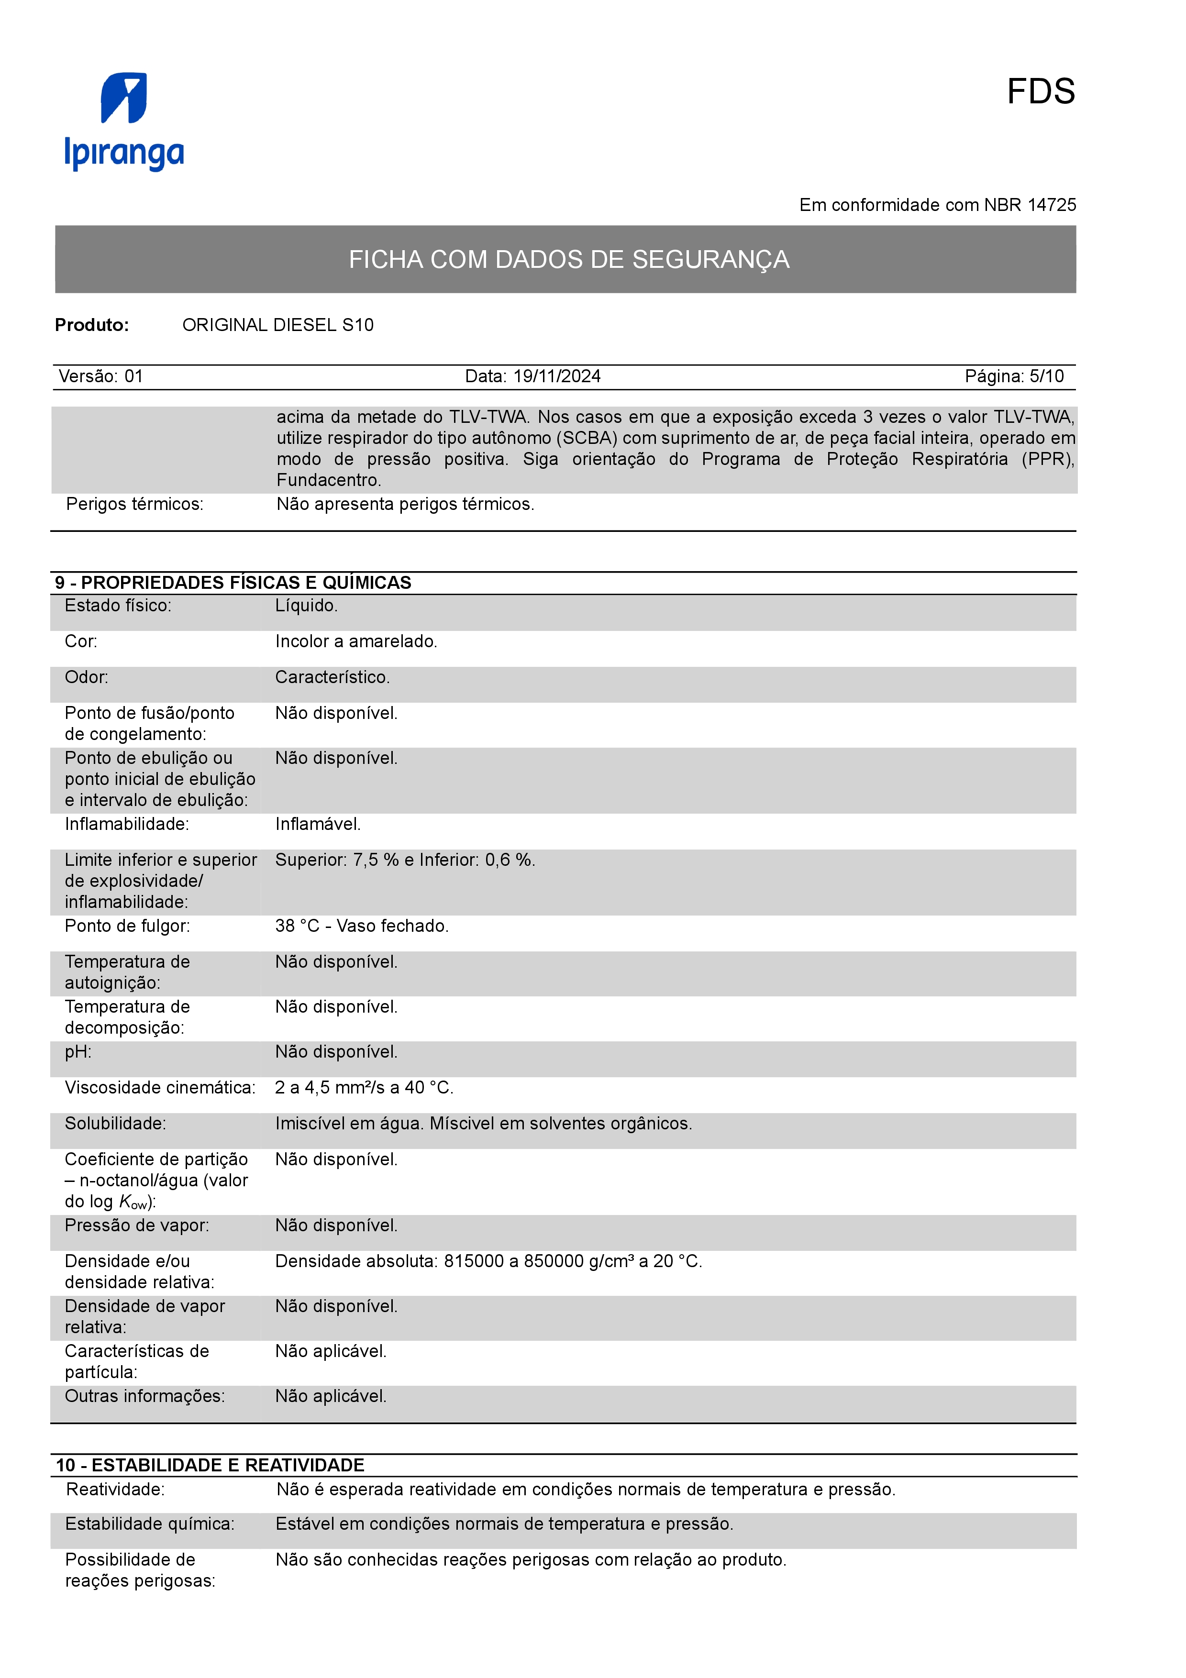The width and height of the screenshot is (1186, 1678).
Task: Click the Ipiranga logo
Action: [x=124, y=121]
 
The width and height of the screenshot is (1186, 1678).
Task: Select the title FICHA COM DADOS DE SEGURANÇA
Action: [x=568, y=259]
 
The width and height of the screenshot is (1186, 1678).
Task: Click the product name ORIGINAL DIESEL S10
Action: [x=277, y=325]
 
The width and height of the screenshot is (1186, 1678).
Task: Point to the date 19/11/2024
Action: [x=557, y=376]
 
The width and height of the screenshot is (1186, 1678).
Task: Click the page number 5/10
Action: [x=1046, y=376]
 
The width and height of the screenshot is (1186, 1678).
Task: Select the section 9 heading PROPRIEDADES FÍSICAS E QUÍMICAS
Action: [x=233, y=583]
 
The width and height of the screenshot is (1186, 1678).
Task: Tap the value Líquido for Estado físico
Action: [x=306, y=606]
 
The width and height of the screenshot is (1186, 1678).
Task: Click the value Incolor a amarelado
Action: [x=356, y=641]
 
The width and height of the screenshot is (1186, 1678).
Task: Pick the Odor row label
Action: [x=86, y=677]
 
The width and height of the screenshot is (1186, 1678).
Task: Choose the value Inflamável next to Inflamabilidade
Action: [x=318, y=824]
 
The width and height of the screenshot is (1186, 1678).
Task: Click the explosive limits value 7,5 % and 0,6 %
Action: [x=405, y=860]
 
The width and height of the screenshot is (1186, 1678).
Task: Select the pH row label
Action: [x=78, y=1052]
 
